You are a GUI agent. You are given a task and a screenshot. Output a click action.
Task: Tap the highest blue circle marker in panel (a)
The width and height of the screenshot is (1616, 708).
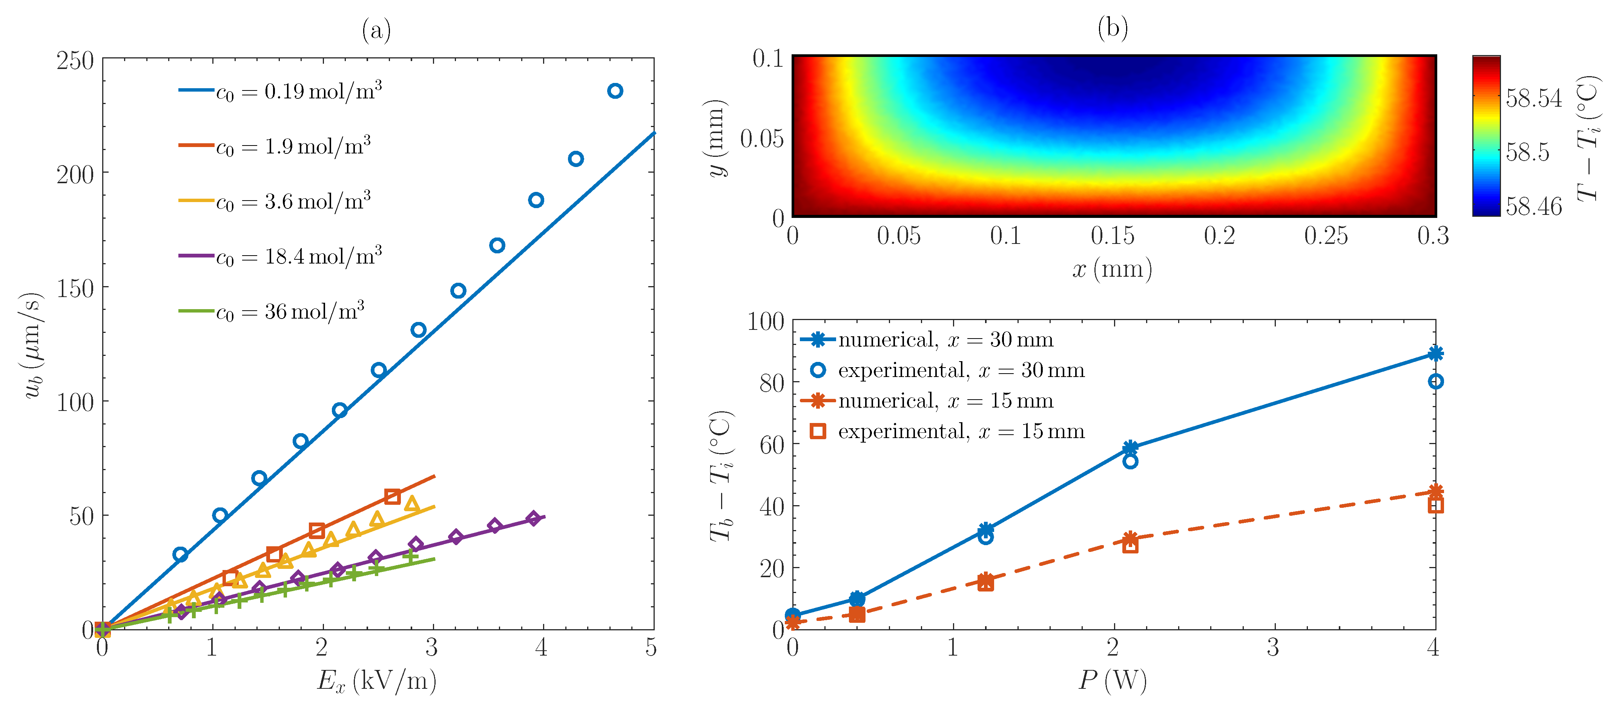[x=615, y=91]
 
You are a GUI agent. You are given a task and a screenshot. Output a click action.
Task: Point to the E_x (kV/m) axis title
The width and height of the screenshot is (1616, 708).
[x=376, y=681]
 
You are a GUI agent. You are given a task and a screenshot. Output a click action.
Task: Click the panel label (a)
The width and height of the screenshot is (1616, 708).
[x=376, y=29]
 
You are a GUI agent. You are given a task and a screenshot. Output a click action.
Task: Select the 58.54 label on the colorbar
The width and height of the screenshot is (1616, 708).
[x=1534, y=98]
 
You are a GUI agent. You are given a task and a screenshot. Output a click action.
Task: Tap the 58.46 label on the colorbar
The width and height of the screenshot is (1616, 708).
[x=1534, y=206]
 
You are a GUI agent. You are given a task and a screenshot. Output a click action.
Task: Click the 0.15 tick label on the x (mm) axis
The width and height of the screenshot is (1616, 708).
[x=1112, y=236]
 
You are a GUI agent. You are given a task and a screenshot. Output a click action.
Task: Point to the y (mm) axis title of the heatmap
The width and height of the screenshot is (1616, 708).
[x=717, y=138]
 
